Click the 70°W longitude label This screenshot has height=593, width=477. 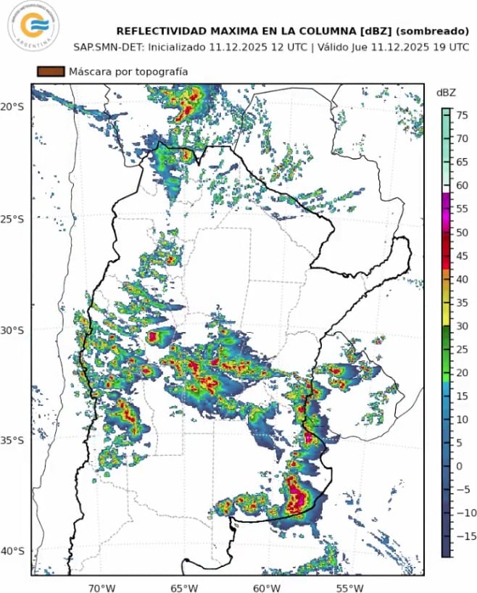coord(102,586)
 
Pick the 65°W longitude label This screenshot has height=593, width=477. coord(185,586)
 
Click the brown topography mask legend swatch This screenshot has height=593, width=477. coord(51,72)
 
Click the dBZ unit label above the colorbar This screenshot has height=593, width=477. coord(446,92)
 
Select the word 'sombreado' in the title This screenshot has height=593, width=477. coord(431,31)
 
